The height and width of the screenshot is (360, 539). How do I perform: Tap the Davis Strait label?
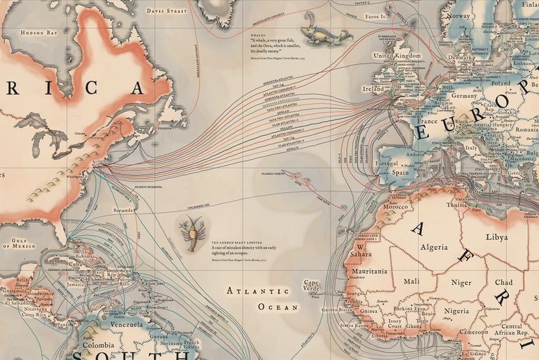[x=166, y=11]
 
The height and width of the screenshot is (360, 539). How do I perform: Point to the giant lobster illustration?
[x=192, y=235]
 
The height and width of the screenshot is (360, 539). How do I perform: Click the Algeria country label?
[x=433, y=247]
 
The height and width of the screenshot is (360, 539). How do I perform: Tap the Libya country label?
[x=496, y=236]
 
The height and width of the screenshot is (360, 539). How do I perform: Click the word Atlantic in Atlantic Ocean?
[x=248, y=291]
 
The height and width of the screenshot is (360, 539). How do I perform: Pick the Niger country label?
[x=462, y=283]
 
